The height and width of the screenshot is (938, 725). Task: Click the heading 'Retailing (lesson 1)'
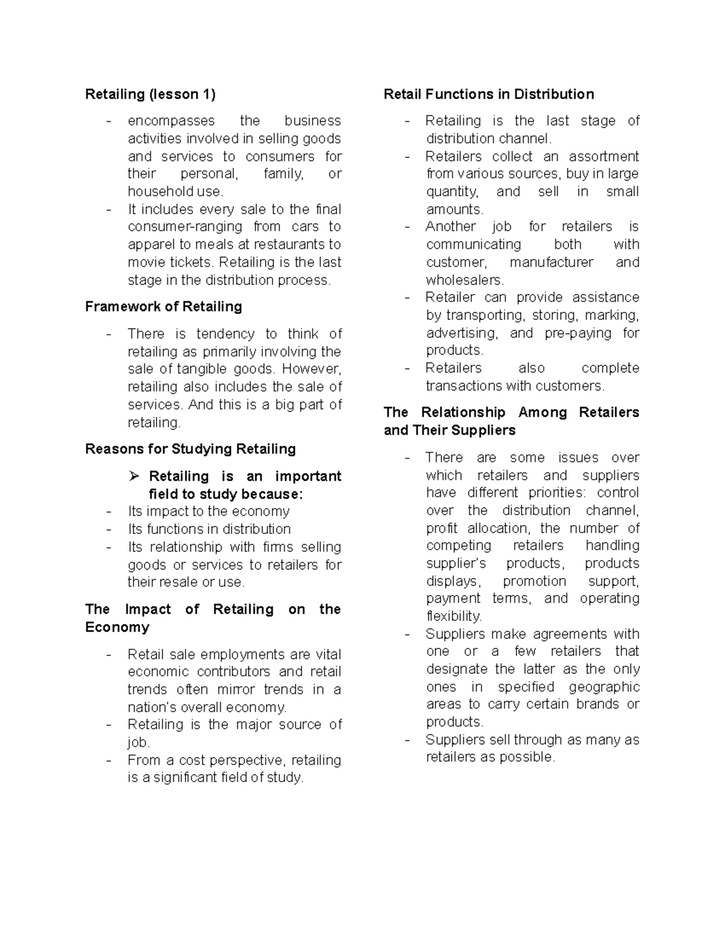150,94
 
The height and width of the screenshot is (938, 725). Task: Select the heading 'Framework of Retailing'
163,307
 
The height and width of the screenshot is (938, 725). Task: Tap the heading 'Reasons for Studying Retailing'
190,449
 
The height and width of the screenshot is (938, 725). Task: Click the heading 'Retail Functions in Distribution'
489,94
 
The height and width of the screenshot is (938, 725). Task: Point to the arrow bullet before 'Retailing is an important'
134,477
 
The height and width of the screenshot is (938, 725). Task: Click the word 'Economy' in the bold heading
117,628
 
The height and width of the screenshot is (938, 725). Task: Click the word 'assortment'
604,156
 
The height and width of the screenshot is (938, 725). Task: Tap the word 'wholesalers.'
465,280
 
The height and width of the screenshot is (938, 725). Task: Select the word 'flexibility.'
454,617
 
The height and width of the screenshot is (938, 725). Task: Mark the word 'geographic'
604,687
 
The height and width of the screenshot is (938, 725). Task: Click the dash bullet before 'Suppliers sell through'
408,740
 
